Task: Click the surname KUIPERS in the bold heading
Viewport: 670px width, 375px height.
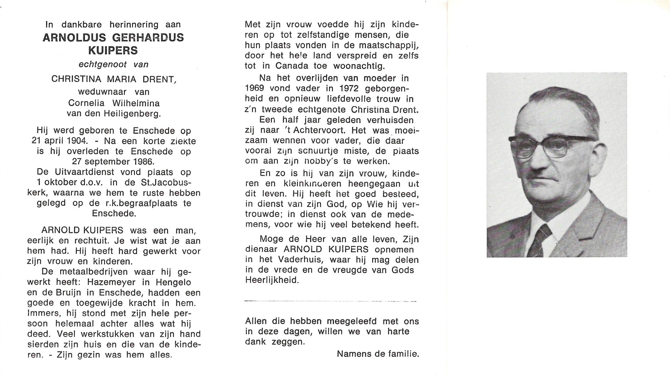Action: tap(113, 51)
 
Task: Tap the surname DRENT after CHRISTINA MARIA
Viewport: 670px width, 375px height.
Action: tap(162, 79)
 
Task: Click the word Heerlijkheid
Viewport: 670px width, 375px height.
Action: tap(272, 280)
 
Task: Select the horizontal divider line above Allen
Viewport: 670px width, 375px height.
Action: tap(330, 301)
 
